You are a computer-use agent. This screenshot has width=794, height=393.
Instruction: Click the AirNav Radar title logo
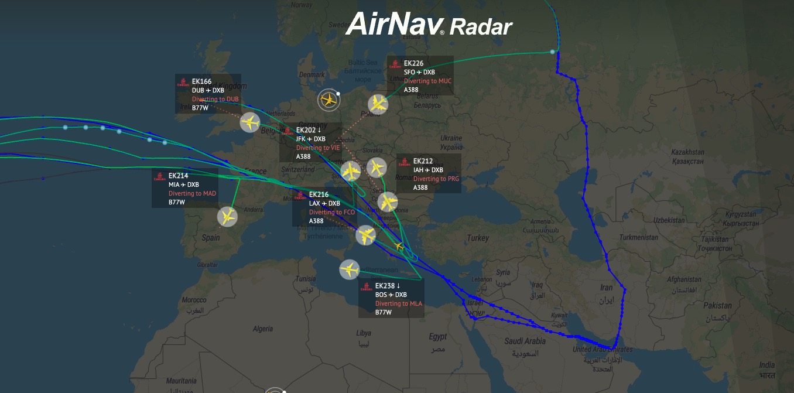tap(429, 25)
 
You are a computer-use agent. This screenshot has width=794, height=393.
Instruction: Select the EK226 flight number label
tap(413, 63)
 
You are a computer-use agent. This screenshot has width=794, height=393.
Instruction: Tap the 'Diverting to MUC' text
tap(427, 81)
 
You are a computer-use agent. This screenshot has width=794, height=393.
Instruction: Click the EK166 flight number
tap(201, 81)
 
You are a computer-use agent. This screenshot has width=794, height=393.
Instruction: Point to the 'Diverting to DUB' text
tap(215, 99)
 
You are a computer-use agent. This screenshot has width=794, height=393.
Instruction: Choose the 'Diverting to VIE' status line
tap(318, 148)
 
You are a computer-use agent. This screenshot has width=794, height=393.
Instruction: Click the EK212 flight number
tap(423, 161)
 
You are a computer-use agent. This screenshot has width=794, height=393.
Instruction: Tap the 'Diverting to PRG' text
tap(436, 179)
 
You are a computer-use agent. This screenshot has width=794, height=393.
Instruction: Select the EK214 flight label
tap(178, 176)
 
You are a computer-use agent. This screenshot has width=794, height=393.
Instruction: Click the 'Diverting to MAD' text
tap(192, 193)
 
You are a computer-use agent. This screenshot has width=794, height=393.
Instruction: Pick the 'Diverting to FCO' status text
tap(331, 212)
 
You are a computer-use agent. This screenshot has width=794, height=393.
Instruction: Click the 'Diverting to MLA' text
tap(398, 303)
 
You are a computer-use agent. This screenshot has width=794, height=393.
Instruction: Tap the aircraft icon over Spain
tap(227, 217)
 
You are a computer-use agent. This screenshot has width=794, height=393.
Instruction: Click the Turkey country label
tap(478, 238)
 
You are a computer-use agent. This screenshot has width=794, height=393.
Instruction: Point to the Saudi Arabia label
tap(525, 341)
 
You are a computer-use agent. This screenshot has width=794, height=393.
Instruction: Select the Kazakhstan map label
tap(687, 152)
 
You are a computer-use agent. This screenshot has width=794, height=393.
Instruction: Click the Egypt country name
tap(437, 337)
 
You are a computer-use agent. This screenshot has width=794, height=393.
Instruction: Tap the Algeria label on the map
tap(263, 329)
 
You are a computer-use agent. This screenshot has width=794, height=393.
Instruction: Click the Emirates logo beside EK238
tap(367, 287)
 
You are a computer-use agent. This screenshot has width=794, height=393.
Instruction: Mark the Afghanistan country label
tap(683, 280)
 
